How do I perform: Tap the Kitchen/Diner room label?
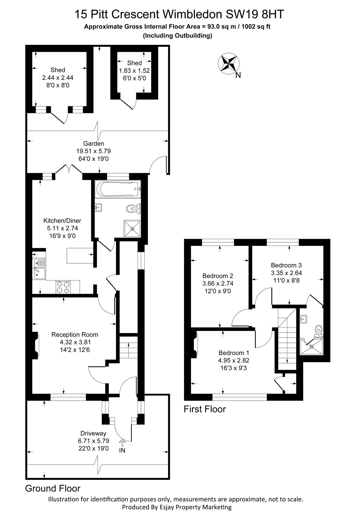62,221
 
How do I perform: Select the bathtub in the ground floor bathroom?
118,189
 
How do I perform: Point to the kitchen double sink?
39,268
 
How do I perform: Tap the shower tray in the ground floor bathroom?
132,228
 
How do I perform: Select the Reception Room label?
75,334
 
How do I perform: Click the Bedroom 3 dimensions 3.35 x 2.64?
286,273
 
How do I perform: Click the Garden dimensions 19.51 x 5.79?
94,151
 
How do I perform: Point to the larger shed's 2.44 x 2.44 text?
58,78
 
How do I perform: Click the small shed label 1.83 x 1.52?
134,70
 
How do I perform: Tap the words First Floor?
204,409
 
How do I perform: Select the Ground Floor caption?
53,488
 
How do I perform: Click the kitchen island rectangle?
79,256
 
